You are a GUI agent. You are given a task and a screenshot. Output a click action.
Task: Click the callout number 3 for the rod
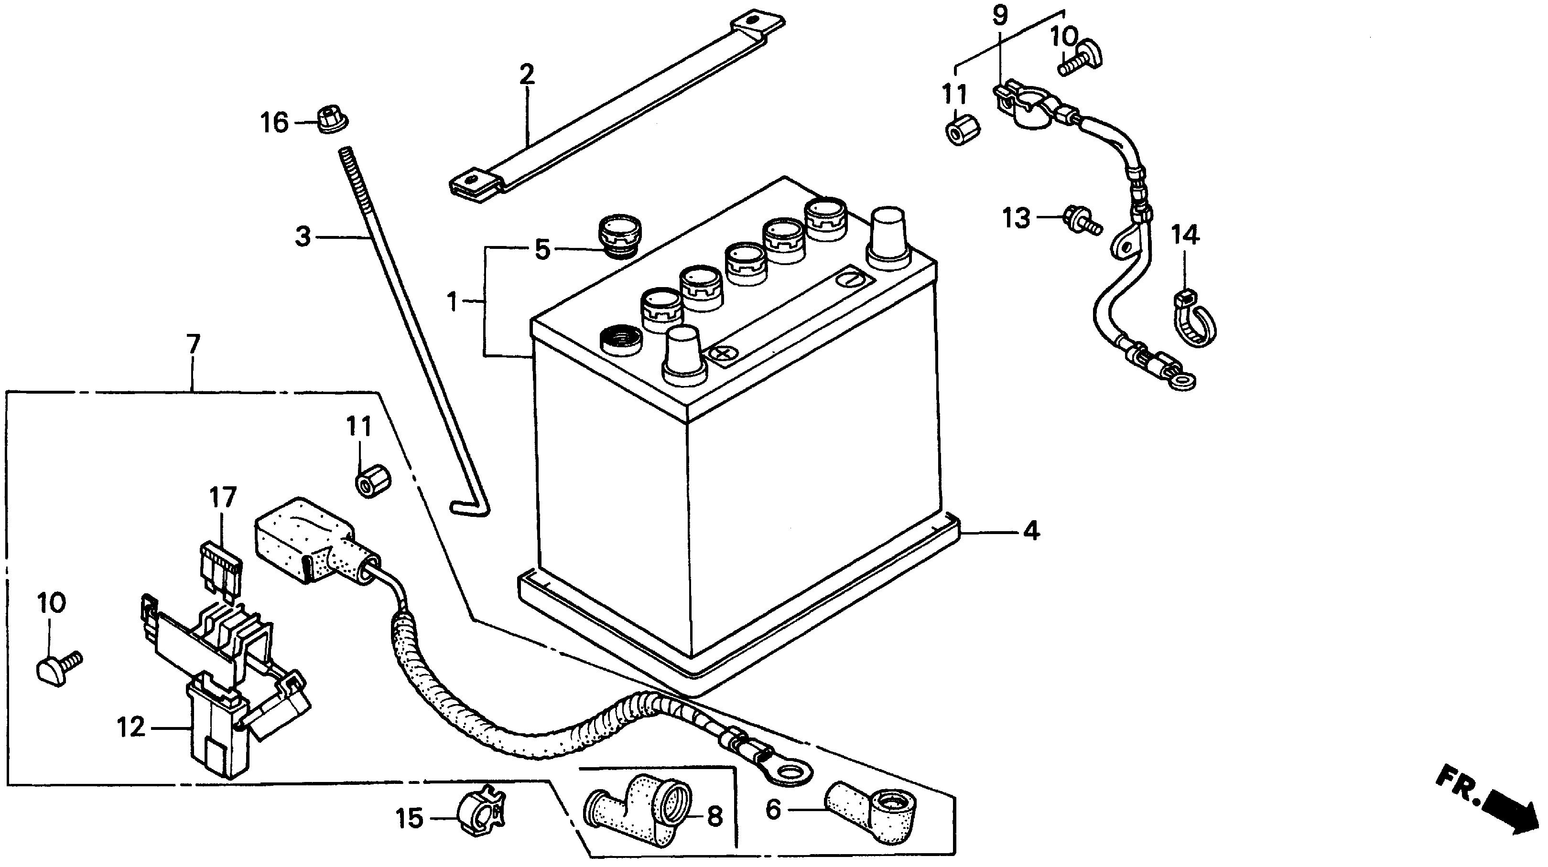click(x=303, y=237)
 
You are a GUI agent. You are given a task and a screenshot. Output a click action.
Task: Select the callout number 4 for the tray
click(x=1031, y=531)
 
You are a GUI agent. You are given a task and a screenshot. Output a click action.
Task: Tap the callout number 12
click(x=131, y=728)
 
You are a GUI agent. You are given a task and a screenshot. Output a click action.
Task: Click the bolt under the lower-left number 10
click(x=59, y=668)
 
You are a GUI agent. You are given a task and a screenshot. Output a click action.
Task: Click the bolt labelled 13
click(x=1081, y=221)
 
